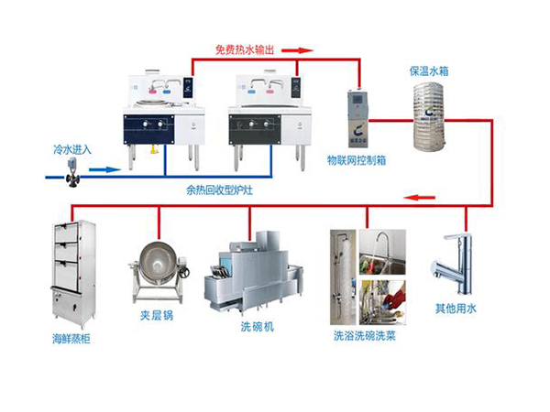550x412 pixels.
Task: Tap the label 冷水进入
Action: pos(71,148)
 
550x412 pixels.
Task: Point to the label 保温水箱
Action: pos(429,70)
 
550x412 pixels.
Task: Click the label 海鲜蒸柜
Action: pos(72,339)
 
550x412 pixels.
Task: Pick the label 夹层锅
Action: pos(157,315)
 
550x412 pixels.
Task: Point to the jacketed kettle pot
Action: pos(158,270)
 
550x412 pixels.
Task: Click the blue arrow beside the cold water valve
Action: pos(106,169)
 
